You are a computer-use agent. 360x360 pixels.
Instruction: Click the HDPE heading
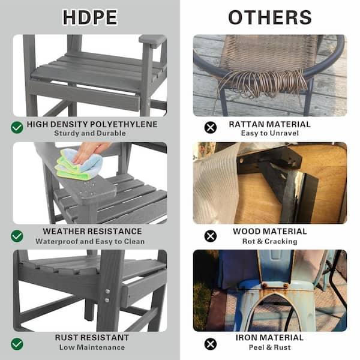tap(90, 17)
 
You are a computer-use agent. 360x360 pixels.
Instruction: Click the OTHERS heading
tap(269, 17)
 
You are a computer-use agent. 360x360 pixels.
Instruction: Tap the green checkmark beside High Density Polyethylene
tap(17, 127)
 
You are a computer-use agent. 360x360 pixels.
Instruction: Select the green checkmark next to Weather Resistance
tap(17, 236)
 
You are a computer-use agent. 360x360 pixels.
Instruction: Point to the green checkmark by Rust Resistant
tap(17, 344)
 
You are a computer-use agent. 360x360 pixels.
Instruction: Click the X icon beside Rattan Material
tap(210, 127)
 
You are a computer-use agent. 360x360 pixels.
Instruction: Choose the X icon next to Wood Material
tap(210, 236)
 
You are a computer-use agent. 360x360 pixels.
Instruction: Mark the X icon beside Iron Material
tap(210, 344)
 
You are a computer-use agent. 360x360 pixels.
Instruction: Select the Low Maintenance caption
tap(92, 347)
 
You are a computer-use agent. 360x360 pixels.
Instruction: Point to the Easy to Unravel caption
tap(269, 133)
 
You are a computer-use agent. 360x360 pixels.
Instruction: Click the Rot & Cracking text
tap(269, 241)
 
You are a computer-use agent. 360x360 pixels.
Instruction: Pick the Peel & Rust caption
tap(269, 347)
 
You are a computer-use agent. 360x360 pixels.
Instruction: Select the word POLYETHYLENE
tap(123, 124)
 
